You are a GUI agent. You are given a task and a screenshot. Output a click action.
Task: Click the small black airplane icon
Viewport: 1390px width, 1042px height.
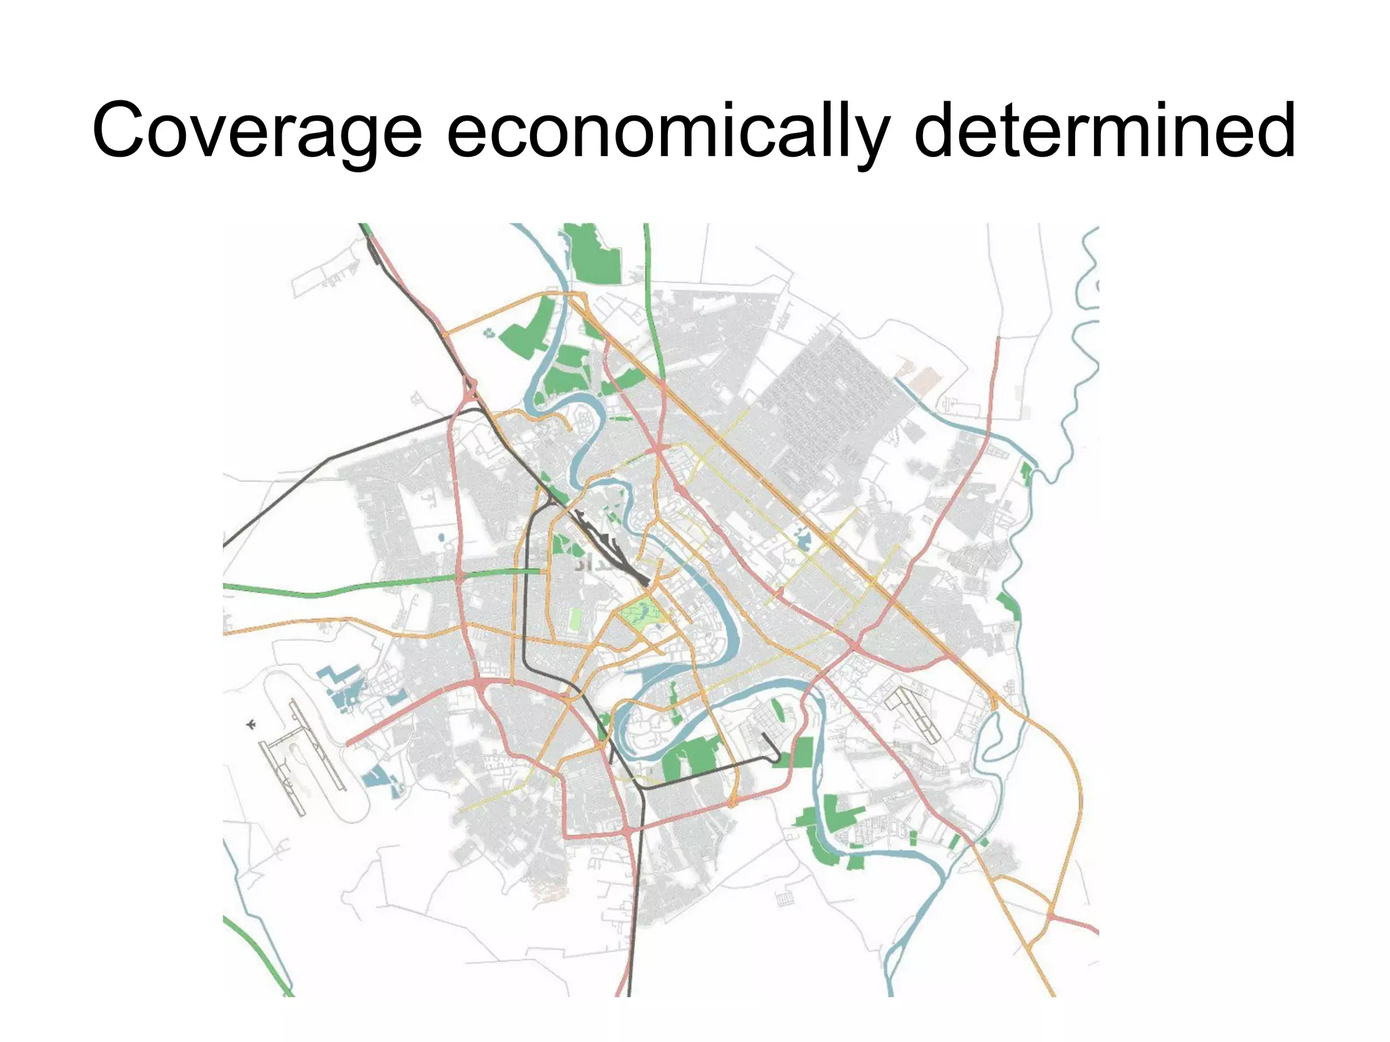pos(251,725)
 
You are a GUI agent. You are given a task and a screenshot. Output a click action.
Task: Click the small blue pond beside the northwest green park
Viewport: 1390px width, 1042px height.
pos(489,333)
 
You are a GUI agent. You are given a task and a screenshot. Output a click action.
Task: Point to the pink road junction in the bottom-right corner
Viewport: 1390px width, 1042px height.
pos(1051,916)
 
